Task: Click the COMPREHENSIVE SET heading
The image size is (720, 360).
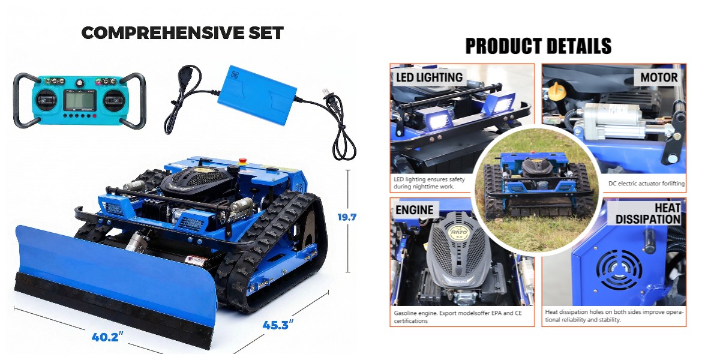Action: pyautogui.click(x=182, y=33)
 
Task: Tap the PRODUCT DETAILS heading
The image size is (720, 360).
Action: pyautogui.click(x=538, y=46)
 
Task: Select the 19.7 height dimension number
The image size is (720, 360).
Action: pyautogui.click(x=347, y=217)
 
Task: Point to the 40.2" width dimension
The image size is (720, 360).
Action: pyautogui.click(x=109, y=337)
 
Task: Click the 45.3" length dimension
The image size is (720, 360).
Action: pyautogui.click(x=278, y=325)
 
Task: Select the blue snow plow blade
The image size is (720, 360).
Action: pyautogui.click(x=114, y=282)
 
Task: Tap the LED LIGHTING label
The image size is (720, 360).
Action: pyautogui.click(x=429, y=77)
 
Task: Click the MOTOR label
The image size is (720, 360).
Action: pyautogui.click(x=659, y=77)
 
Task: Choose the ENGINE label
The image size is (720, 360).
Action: pyautogui.click(x=414, y=210)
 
